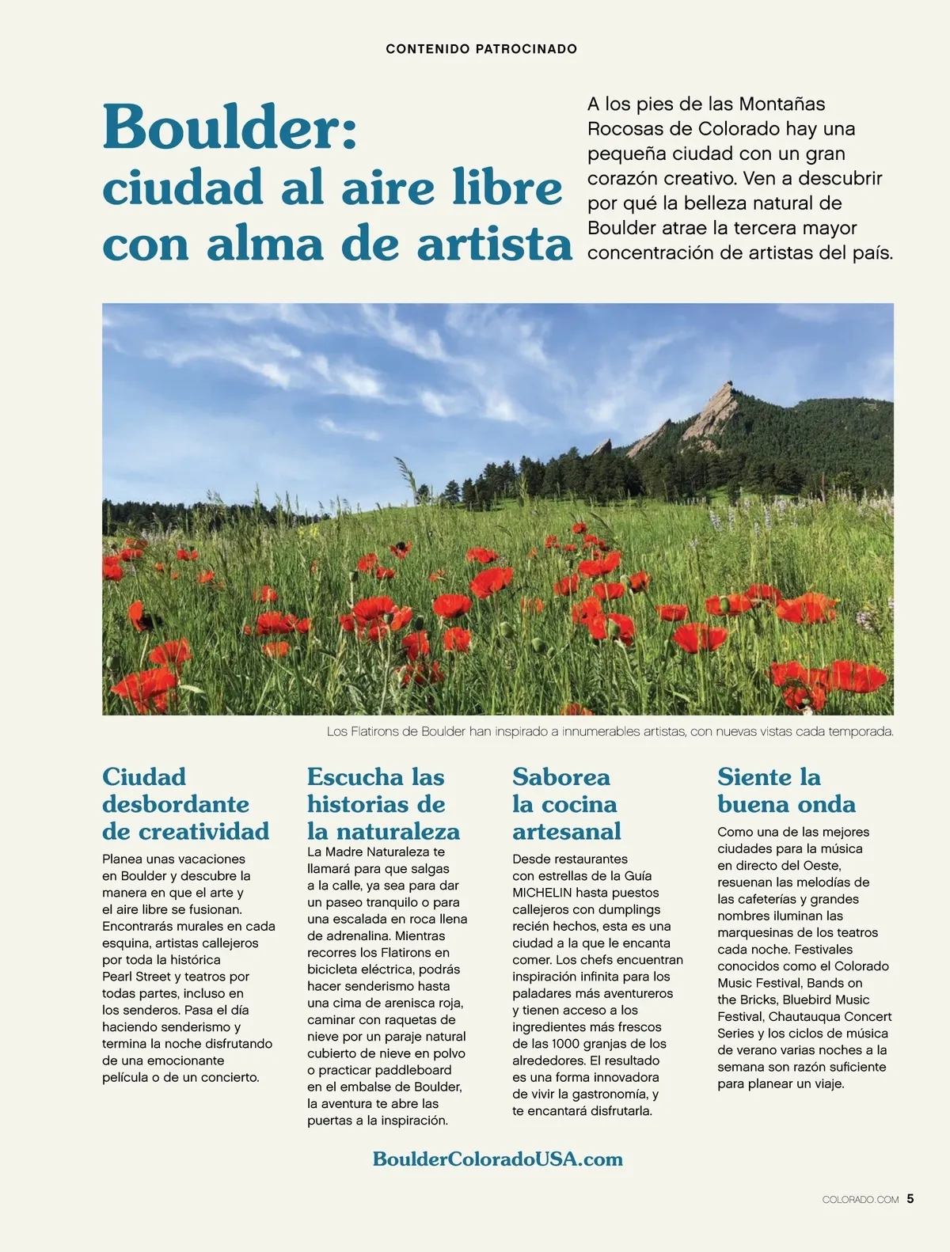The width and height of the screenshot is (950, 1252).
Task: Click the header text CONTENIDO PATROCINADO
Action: click(481, 49)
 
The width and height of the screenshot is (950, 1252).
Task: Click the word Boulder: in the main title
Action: click(230, 128)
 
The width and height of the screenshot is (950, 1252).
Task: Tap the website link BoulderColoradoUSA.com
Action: click(497, 1159)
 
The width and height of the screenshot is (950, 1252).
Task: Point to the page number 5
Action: click(910, 1198)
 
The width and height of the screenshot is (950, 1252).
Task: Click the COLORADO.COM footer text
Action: click(861, 1200)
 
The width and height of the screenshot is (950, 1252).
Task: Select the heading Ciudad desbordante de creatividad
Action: click(186, 804)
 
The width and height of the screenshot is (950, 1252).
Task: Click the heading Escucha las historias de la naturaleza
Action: click(384, 804)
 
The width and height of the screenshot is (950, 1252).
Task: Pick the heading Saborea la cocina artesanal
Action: click(566, 804)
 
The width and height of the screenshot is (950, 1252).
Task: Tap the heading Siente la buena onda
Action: click(786, 791)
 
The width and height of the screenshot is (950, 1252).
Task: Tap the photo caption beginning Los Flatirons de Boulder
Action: click(610, 732)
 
